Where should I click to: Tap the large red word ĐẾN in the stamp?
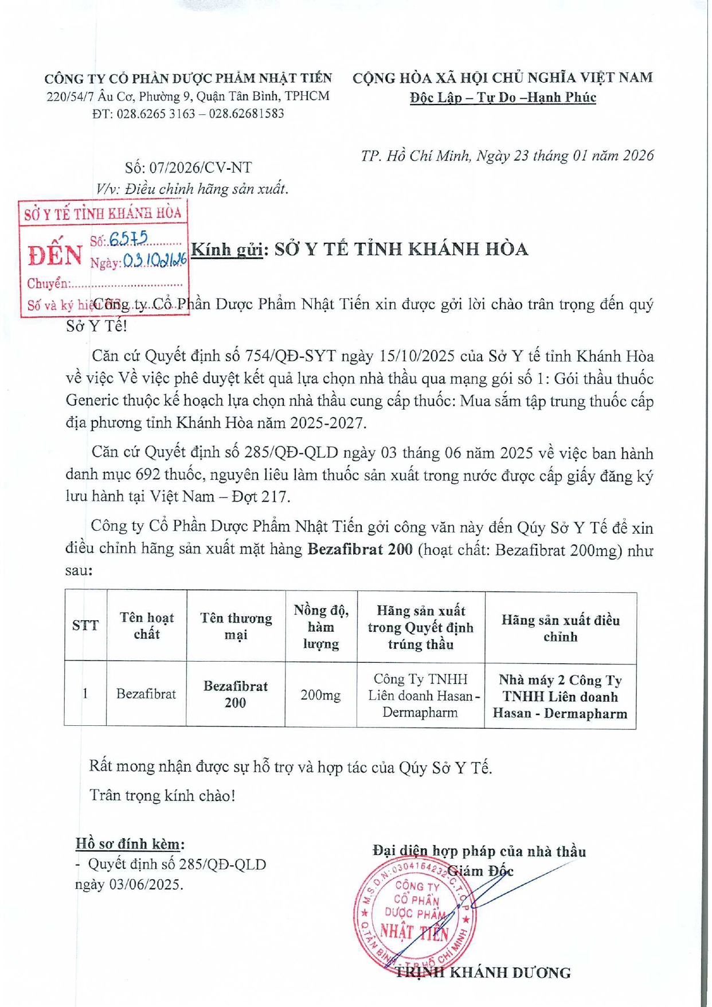[x=56, y=255]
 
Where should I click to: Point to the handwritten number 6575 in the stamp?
[x=129, y=239]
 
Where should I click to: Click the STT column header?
[x=85, y=625]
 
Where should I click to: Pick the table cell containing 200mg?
[x=320, y=695]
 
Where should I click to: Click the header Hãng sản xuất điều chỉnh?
[x=560, y=628]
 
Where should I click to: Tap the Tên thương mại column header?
[x=236, y=626]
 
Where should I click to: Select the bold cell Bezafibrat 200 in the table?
[x=236, y=694]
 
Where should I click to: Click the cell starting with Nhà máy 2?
[x=560, y=697]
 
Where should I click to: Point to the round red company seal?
[x=414, y=918]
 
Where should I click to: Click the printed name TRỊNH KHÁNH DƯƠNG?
[x=483, y=972]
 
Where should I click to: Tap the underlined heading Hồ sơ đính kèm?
[x=130, y=843]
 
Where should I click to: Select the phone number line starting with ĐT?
[x=188, y=114]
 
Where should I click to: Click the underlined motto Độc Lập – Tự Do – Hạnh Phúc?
[x=503, y=98]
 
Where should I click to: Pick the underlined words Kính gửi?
[x=226, y=250]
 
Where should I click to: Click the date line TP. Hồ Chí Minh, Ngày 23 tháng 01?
[x=507, y=155]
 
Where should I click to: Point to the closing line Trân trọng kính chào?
[x=162, y=795]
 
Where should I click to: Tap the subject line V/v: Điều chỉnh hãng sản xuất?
[x=192, y=189]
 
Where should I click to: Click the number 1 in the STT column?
[x=85, y=694]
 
